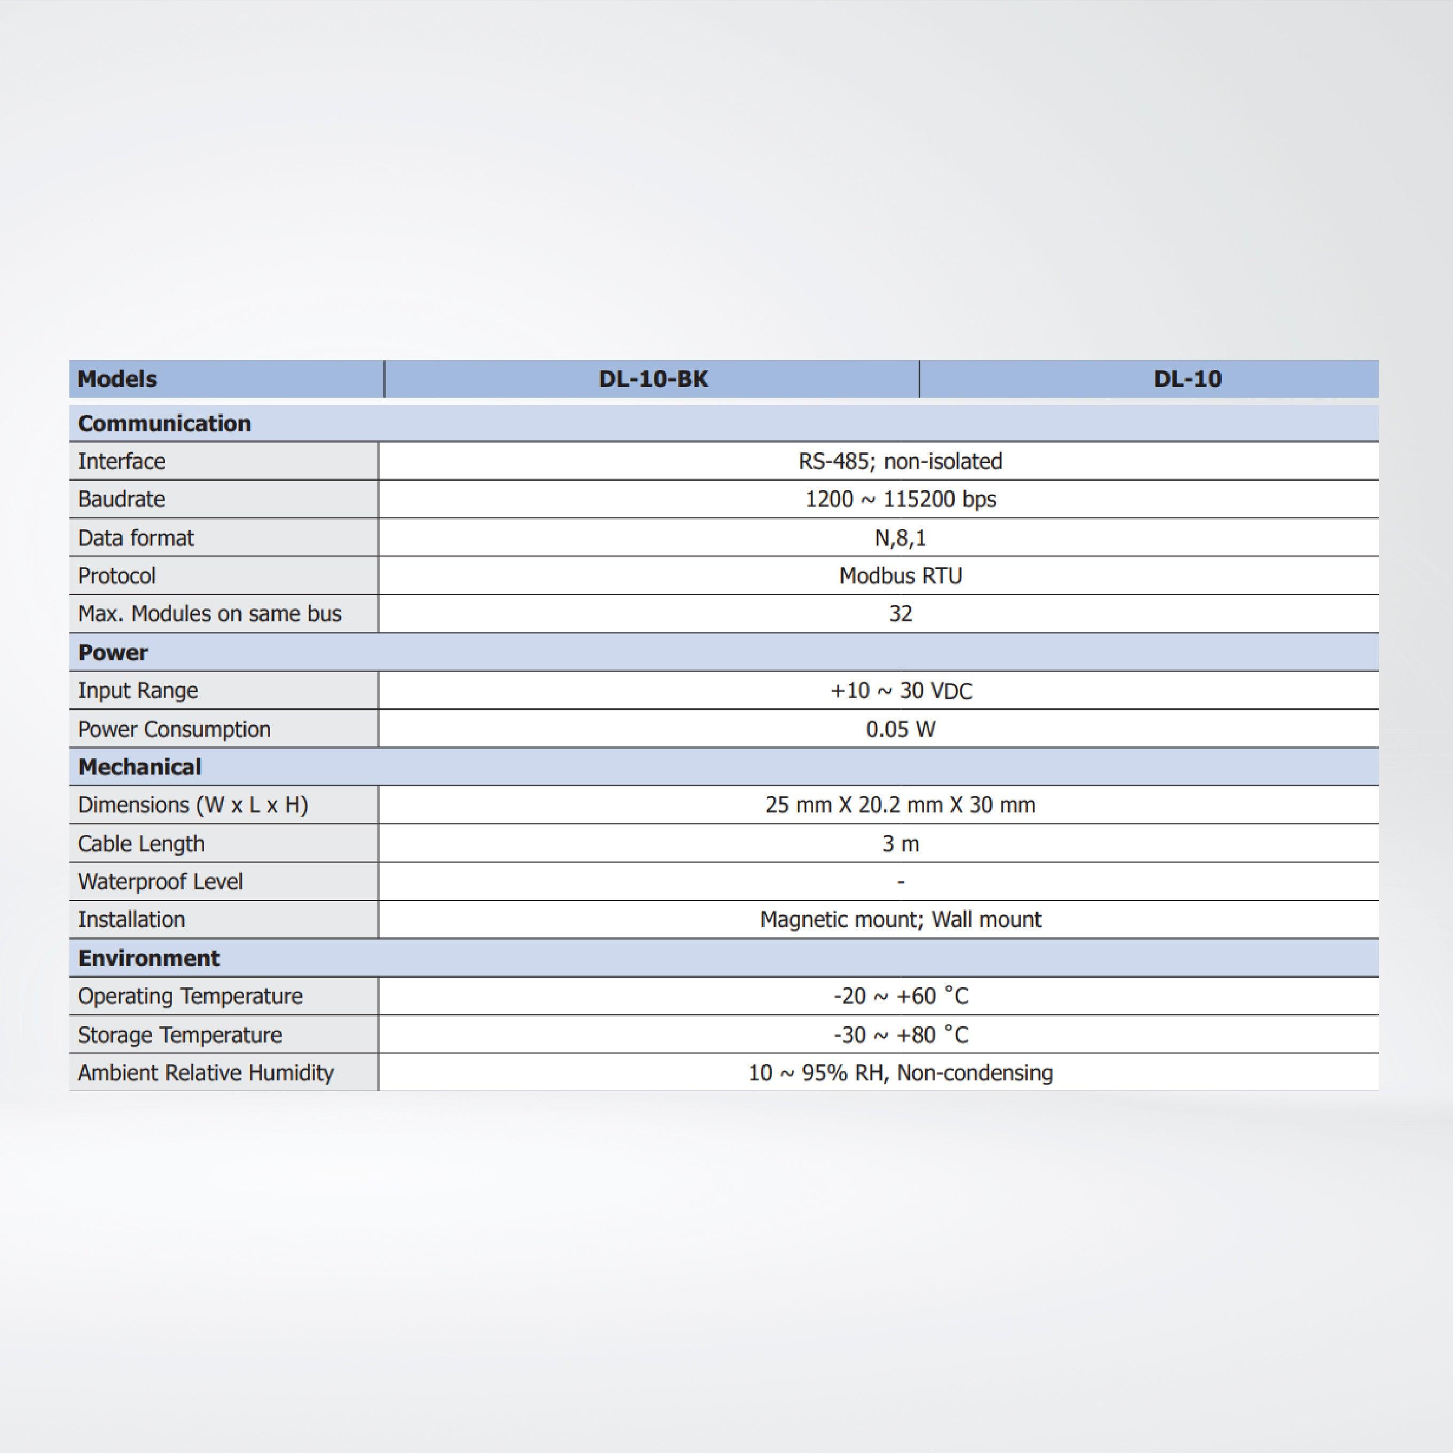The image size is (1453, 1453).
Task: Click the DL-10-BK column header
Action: coord(653,379)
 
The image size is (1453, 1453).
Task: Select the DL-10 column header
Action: coord(1188,379)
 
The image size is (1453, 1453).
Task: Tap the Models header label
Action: coord(117,379)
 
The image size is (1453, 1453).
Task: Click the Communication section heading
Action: coord(164,423)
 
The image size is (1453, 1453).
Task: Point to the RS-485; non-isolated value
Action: coord(900,461)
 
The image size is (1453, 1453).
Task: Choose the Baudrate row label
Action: coord(122,500)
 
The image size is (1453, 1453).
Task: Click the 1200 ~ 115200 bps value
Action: coord(900,500)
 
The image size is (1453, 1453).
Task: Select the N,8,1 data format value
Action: coord(900,538)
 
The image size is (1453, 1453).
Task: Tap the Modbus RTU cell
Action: coord(900,576)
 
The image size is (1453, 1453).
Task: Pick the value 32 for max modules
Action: coord(900,614)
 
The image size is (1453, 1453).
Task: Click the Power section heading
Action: coord(113,652)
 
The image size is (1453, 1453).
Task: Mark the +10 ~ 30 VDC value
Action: coord(900,690)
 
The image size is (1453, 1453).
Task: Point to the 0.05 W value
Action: coord(900,729)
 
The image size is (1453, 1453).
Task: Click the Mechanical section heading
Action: coord(140,767)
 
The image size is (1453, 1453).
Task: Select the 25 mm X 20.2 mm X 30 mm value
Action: coord(900,805)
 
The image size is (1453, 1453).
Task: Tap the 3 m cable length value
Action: coord(900,844)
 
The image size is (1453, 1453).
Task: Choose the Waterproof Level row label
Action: coord(160,881)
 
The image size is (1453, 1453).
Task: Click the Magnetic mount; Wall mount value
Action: coord(900,919)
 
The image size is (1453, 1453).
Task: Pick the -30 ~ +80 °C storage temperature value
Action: coord(900,1035)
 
